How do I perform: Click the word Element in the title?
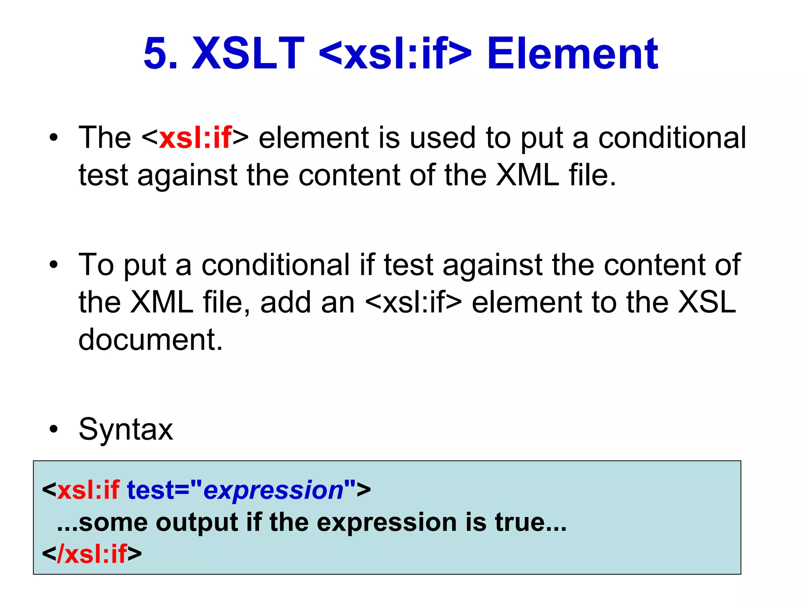pos(573,54)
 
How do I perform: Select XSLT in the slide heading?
pos(248,54)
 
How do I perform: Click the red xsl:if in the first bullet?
pos(195,138)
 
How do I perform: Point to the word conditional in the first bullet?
pos(672,138)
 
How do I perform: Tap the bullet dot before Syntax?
pos(54,429)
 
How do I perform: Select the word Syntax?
pos(126,429)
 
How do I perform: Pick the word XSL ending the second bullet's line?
pos(707,302)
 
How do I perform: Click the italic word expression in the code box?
pos(273,490)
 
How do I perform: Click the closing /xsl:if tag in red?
pos(92,554)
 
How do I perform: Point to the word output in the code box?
pos(197,522)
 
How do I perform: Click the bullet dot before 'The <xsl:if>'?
pos(54,138)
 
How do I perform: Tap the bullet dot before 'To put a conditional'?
pos(54,265)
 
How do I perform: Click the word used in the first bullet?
pos(442,138)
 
